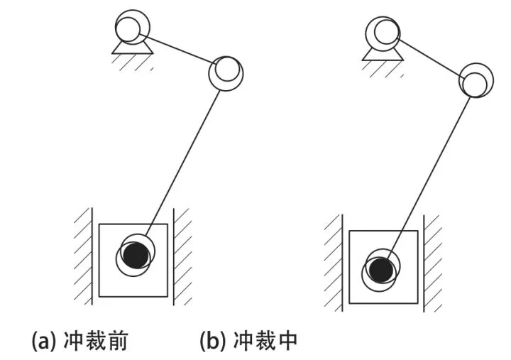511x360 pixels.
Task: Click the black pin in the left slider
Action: point(134,254)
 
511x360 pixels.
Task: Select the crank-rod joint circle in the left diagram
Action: point(226,71)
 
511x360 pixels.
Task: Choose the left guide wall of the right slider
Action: point(334,263)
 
